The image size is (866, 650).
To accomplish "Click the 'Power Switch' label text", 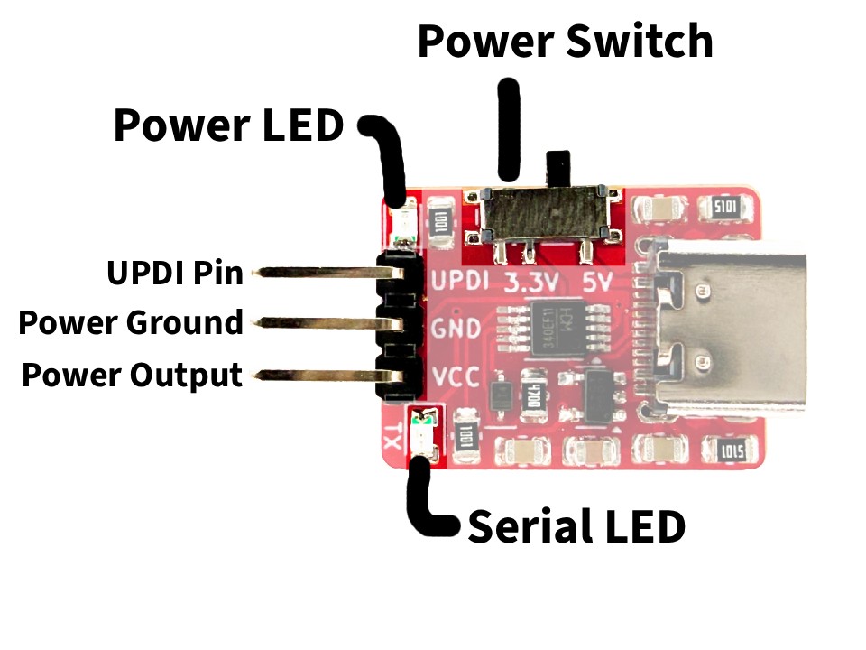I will click(565, 42).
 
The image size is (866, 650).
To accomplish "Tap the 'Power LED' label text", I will click(228, 125).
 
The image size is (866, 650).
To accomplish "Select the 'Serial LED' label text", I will click(576, 526).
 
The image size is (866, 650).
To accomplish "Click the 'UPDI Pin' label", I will click(175, 272).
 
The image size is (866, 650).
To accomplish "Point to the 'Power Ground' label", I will click(131, 322).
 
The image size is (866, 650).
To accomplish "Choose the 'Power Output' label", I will click(132, 375).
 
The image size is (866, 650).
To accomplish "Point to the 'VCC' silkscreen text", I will click(456, 378).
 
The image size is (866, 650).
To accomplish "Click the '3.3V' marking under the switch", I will click(532, 281).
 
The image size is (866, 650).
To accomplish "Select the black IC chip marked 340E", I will click(542, 327).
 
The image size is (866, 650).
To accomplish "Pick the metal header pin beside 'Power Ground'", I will click(316, 322).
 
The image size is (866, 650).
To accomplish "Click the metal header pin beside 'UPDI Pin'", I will click(316, 272).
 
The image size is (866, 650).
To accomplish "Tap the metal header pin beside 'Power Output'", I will click(316, 374).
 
